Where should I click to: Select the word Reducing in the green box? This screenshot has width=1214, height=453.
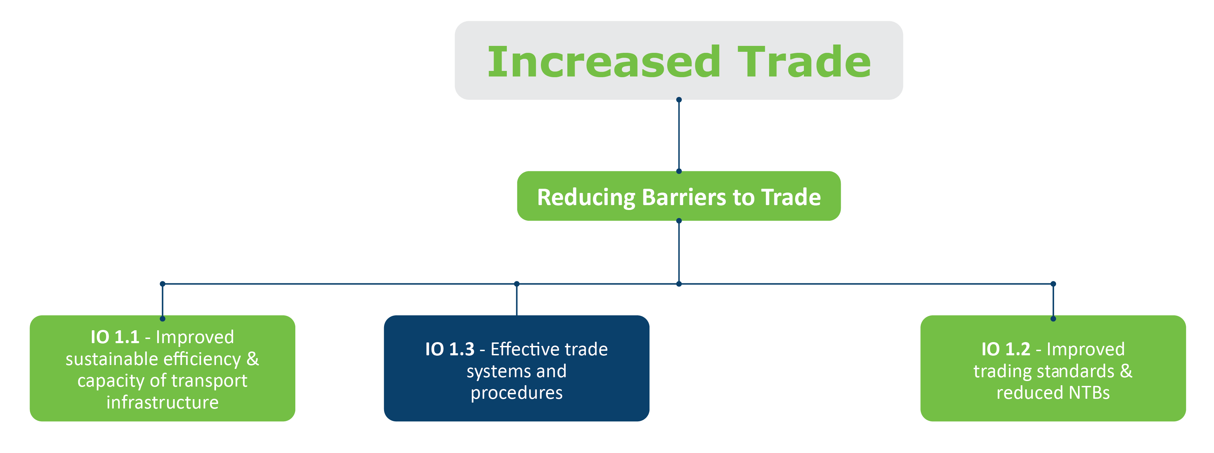point(586,198)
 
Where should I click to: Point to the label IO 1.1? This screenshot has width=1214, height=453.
point(115,337)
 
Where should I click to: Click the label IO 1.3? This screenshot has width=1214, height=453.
point(449,349)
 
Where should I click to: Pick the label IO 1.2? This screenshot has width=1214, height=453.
point(1006,349)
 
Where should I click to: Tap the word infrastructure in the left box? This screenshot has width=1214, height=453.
point(162,403)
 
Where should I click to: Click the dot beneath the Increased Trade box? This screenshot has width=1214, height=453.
point(679,100)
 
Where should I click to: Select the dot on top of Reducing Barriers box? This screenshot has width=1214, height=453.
point(679,171)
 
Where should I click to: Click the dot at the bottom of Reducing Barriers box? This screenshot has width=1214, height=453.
point(679,221)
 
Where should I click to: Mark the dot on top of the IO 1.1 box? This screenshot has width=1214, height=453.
point(162,319)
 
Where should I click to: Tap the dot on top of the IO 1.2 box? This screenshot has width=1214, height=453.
point(1053,319)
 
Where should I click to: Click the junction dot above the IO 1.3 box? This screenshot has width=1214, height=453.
point(517,284)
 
